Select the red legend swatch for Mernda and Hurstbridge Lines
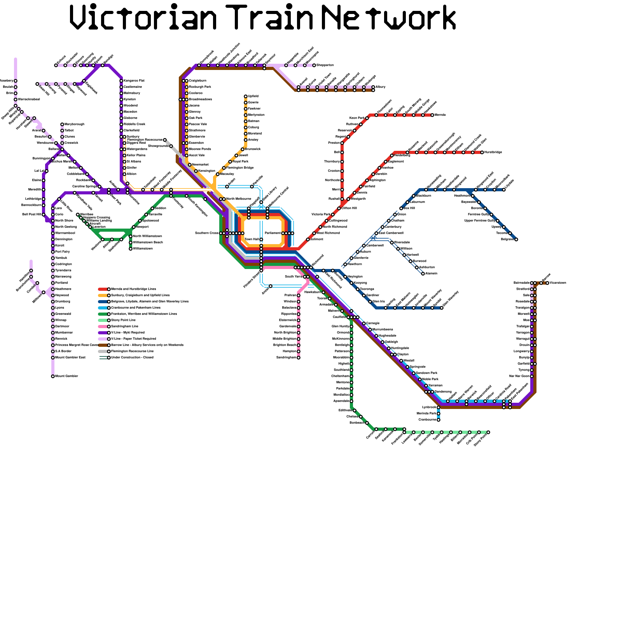(x=103, y=289)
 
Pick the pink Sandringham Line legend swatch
(x=103, y=327)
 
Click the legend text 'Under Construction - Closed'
(x=132, y=358)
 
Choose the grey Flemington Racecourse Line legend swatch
(x=103, y=351)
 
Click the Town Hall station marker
(x=261, y=239)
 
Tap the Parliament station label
(x=273, y=233)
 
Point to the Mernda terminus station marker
(x=432, y=115)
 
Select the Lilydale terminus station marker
(x=504, y=190)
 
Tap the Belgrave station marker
(x=516, y=239)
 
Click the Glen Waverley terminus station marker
(x=442, y=308)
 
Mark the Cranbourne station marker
(x=439, y=420)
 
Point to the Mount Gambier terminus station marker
(x=53, y=376)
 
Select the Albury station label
(x=381, y=87)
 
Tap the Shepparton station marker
(x=314, y=65)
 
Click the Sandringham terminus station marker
(x=299, y=358)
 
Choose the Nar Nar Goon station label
(x=519, y=376)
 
